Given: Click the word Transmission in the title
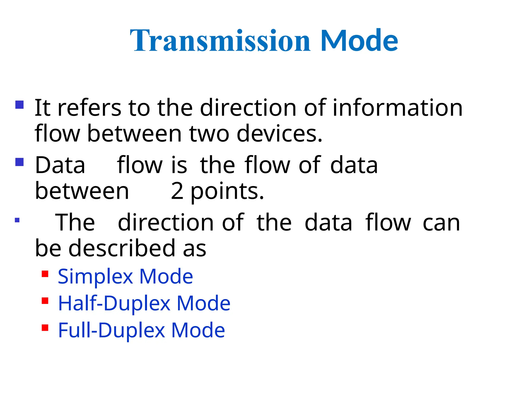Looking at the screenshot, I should point(220,41).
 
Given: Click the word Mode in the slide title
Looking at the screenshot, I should point(359,41).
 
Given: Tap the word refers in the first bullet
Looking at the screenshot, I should point(89,108).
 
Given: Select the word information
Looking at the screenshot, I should point(397,108).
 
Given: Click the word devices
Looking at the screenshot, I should point(279,134).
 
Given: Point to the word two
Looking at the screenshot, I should point(209,134).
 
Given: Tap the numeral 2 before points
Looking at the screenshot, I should point(177,191).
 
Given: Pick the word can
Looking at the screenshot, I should point(441,223).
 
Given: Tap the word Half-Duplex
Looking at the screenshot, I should point(114,303).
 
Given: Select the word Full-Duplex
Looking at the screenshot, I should point(112,330).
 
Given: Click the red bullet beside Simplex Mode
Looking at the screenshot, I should point(45,274).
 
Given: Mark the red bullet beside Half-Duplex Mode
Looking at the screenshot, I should point(45,301).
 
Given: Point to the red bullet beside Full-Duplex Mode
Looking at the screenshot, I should point(45,328).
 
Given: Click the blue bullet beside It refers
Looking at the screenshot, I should point(19,105).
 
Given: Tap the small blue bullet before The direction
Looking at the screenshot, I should point(17,220).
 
